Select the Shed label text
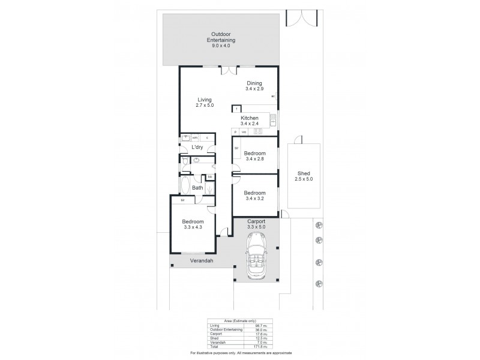[304, 173]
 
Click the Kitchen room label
[250, 118]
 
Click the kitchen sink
[273, 121]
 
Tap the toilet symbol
[185, 161]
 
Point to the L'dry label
[197, 148]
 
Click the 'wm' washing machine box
[195, 137]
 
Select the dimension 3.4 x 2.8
[255, 159]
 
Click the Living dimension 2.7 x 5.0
[204, 106]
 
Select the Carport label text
[256, 221]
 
